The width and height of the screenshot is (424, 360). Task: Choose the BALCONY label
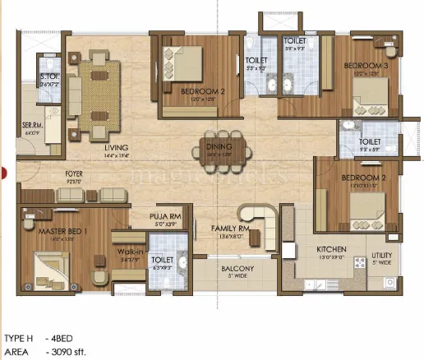(x=237, y=269)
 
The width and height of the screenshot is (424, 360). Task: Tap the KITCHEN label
(x=332, y=248)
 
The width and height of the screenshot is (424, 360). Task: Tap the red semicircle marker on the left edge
(x=3, y=173)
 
